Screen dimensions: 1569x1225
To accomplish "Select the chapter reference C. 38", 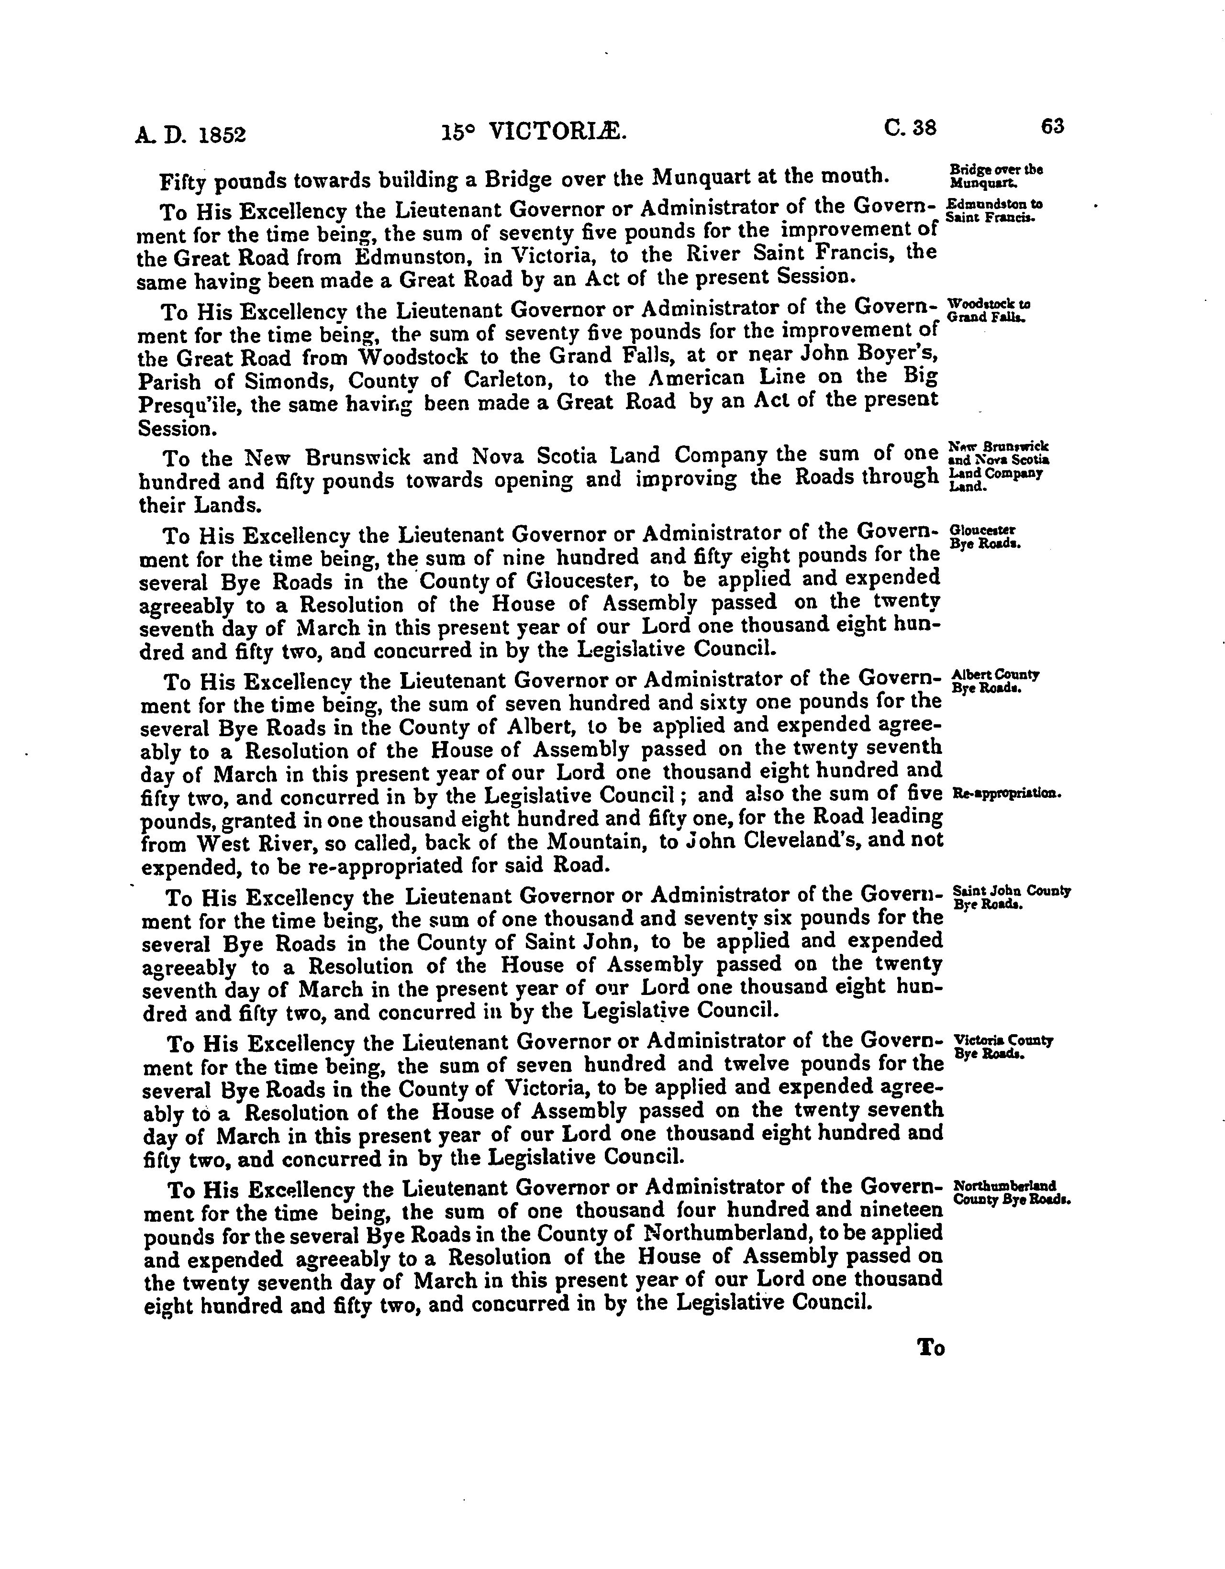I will click(910, 127).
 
